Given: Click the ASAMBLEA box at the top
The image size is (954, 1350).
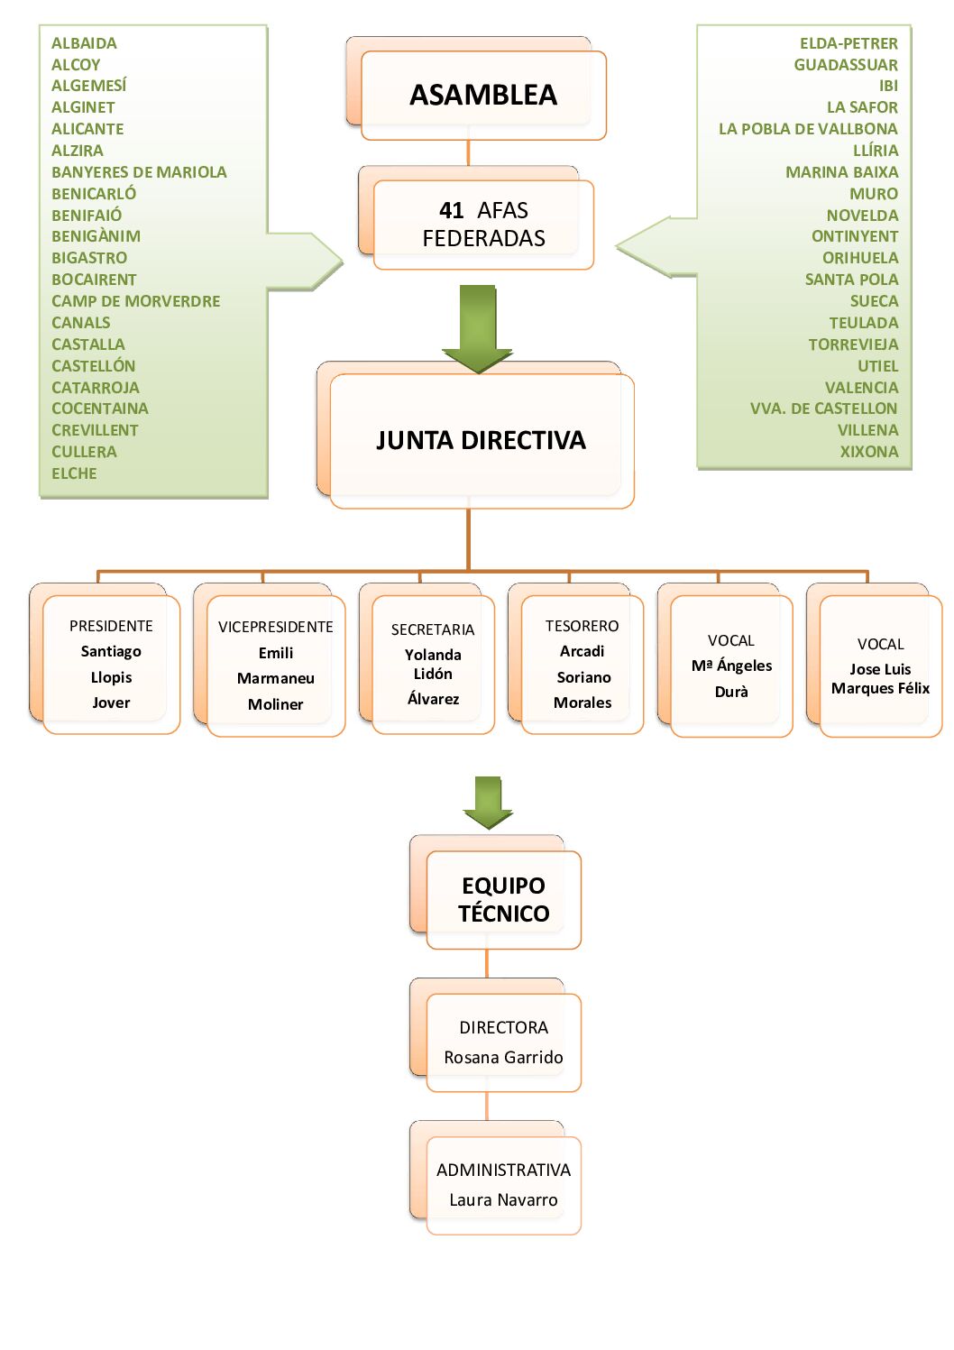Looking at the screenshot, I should coord(483,95).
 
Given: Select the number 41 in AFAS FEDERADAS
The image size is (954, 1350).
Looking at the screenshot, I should coord(451,211).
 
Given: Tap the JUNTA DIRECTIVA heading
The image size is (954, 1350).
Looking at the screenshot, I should coord(481,440).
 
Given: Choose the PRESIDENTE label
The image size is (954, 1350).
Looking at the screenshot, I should coord(111,626).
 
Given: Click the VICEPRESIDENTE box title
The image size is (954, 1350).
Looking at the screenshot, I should coord(275,627).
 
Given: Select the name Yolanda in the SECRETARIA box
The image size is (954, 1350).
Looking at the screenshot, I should coord(433,655).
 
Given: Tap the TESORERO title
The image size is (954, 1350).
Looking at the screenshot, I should coord(582,626).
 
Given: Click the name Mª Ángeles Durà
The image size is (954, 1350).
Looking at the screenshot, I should coord(731,678).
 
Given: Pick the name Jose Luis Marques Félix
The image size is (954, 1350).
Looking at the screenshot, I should coord(880,678).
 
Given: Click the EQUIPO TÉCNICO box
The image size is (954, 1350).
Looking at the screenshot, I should coord(503,899).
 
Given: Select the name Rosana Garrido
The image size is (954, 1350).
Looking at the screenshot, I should coord(503,1057).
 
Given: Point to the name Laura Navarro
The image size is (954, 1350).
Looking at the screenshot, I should coord(503,1199).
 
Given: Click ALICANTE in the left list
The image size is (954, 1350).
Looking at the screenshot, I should coord(87,129).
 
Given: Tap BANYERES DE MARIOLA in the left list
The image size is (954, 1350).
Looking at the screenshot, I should coord(139,172).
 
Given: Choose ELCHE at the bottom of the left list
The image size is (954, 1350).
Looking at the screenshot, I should coord(74,473).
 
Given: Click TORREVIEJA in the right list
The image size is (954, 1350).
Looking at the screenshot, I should coord(853,344).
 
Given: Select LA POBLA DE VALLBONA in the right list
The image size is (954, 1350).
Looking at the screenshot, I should coord(808,129).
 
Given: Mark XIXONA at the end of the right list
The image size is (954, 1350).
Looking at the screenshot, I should coord(869,452).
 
